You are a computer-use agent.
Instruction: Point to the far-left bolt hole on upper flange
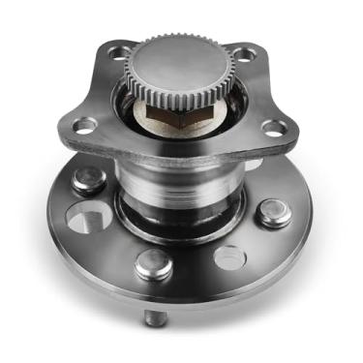84,125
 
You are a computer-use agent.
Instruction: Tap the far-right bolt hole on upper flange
276,126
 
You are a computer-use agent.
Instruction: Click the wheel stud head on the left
88,180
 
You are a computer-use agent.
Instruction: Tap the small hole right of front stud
230,257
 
